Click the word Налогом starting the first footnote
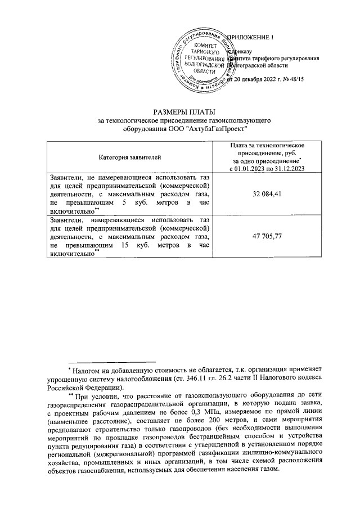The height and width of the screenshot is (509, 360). (87, 371)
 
